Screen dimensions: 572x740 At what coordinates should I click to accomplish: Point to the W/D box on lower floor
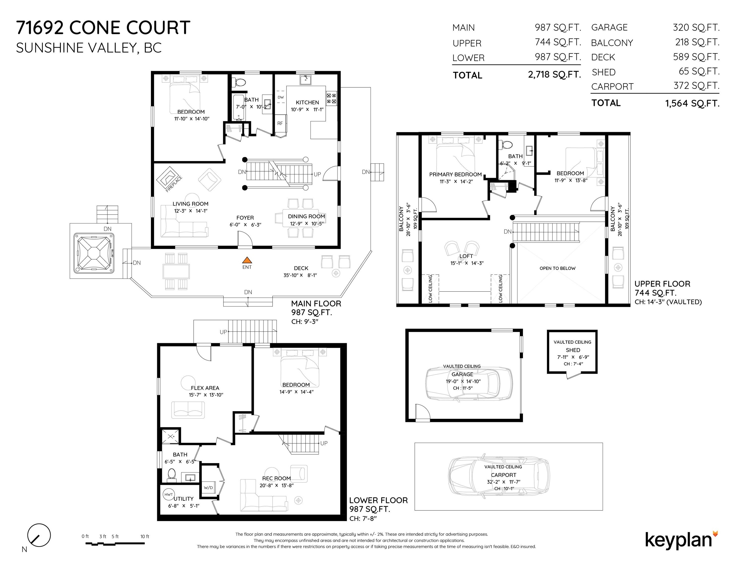208,488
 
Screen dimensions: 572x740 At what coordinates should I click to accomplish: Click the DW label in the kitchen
281,97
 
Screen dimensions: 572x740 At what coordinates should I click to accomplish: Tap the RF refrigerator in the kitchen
280,123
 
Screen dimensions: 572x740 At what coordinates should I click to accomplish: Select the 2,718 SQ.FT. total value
554,74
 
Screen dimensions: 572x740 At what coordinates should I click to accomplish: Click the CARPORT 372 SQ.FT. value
696,86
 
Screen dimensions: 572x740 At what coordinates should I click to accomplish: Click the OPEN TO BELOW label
557,268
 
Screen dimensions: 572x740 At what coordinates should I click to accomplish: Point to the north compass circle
39,536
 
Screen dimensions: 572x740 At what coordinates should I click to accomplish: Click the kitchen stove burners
331,98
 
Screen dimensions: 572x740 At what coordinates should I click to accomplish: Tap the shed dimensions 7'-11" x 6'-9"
573,357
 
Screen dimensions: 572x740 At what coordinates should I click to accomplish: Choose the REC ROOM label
277,478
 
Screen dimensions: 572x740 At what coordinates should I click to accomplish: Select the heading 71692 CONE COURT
103,28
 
